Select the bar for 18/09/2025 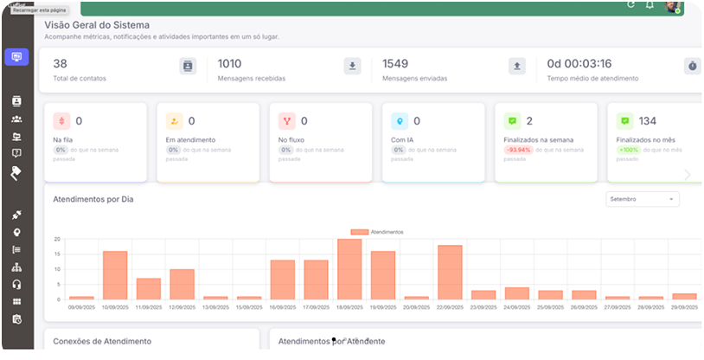(349, 269)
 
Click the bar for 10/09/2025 (115, 275)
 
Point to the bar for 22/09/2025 (450, 272)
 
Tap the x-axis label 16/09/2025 (283, 306)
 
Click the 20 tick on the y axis (57, 239)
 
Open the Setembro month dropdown (643, 199)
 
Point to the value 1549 (394, 63)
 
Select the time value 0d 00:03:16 (579, 64)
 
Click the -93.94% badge (519, 150)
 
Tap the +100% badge (628, 150)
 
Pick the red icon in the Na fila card (61, 121)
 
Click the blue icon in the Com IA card (399, 121)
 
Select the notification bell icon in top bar (650, 5)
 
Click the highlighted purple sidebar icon (16, 57)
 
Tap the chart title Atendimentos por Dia (93, 199)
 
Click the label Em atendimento (190, 139)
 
